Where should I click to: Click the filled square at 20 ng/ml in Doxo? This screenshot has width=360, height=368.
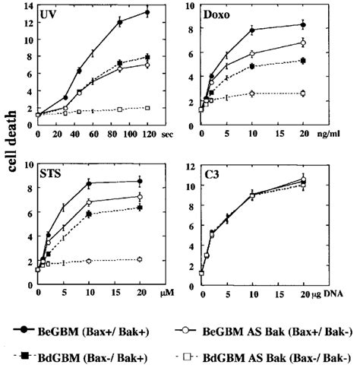coord(303,60)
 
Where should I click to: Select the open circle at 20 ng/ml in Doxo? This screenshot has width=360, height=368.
coord(303,43)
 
